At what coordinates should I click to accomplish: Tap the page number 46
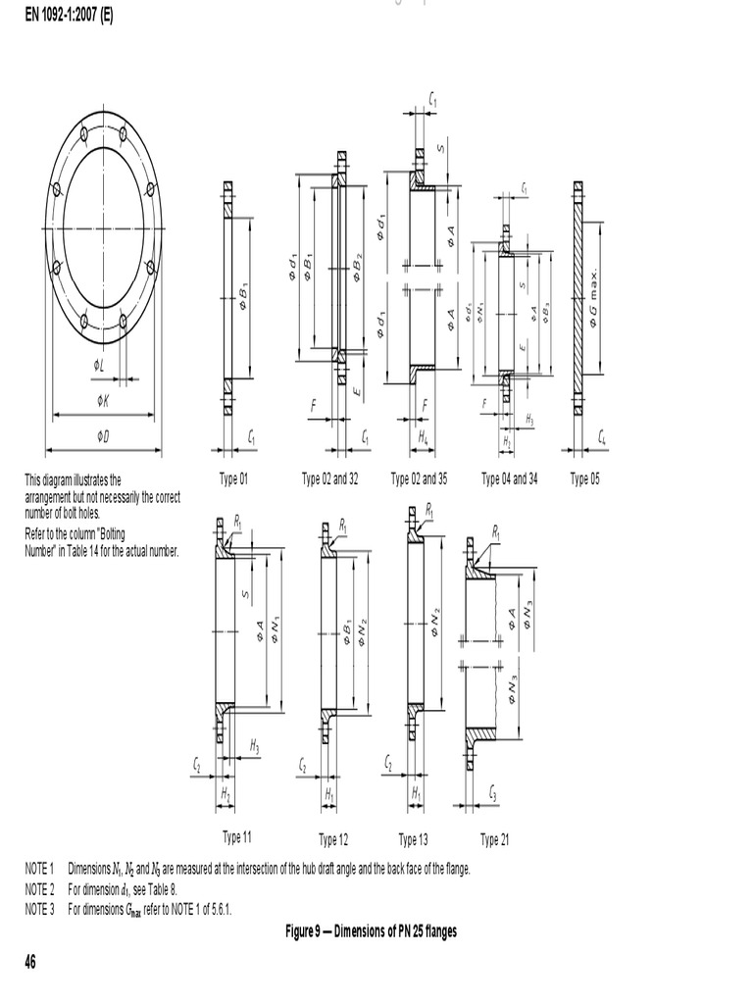(31, 963)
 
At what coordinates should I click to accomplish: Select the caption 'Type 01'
(234, 479)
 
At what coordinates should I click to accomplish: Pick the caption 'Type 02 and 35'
(420, 479)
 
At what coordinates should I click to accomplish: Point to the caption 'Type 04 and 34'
(510, 479)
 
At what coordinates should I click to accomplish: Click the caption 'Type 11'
(237, 837)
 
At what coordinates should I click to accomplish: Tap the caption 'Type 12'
(333, 839)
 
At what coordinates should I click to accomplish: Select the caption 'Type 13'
(413, 839)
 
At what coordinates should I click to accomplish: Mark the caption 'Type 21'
(495, 839)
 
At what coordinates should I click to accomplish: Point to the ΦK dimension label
(103, 400)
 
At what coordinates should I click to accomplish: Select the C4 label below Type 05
(601, 438)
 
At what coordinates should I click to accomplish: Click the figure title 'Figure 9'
(371, 931)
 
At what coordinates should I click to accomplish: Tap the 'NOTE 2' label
(40, 889)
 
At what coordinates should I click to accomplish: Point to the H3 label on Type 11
(254, 747)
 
